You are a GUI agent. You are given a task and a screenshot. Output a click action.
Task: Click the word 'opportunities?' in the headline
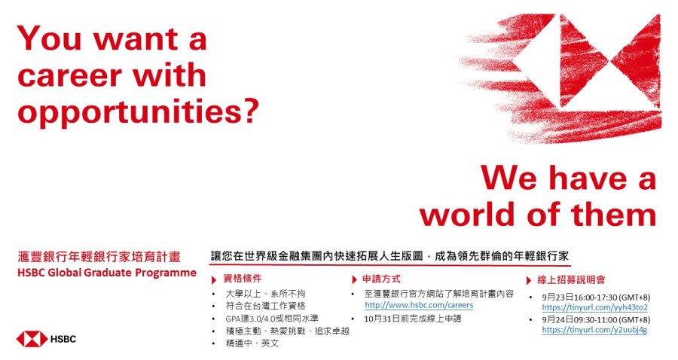coord(138,111)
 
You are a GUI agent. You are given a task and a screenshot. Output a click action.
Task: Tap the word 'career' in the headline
coord(69,75)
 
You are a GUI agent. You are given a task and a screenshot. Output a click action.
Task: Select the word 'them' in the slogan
coord(613,215)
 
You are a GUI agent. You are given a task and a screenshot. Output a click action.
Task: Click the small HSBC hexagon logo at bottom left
coord(32,339)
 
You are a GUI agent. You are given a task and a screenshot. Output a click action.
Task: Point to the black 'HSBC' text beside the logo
coord(63,339)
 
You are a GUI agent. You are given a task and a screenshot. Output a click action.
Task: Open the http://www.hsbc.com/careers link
coord(419,305)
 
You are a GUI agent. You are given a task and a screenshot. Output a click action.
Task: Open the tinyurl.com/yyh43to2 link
coord(594,308)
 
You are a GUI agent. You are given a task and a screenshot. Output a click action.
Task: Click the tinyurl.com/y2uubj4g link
coord(594,330)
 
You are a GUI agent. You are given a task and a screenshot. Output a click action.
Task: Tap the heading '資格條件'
coord(243,279)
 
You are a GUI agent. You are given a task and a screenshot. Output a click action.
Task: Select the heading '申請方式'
coord(381,279)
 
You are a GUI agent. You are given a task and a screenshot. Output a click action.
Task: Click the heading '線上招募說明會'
coord(571,280)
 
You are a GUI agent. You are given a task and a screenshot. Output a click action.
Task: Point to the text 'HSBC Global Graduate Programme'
coord(107,273)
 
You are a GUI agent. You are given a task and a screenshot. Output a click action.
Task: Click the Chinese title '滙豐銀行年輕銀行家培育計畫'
coord(99,257)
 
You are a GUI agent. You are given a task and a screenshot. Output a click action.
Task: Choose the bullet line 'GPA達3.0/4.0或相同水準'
coord(272,319)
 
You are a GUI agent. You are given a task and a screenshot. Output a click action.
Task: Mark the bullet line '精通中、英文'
coord(252,343)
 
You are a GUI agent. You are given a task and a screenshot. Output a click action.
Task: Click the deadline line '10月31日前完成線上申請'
coord(413,319)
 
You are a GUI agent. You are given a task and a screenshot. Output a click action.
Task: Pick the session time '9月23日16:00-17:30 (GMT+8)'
coord(596,297)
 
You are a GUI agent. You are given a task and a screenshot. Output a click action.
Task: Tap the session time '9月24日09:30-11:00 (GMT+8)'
coord(596,320)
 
